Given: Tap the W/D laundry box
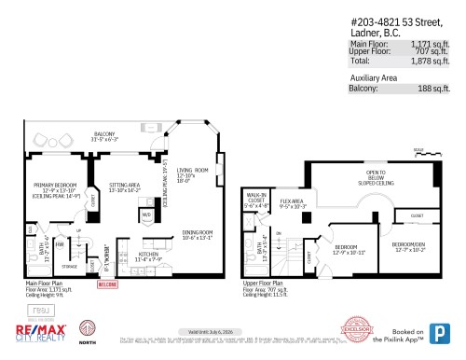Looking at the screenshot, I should tap(147, 215).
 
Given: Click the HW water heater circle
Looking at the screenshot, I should tap(59, 244).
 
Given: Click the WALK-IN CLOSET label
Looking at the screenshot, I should tap(255, 200).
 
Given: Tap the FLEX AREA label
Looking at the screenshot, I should tap(295, 202).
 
